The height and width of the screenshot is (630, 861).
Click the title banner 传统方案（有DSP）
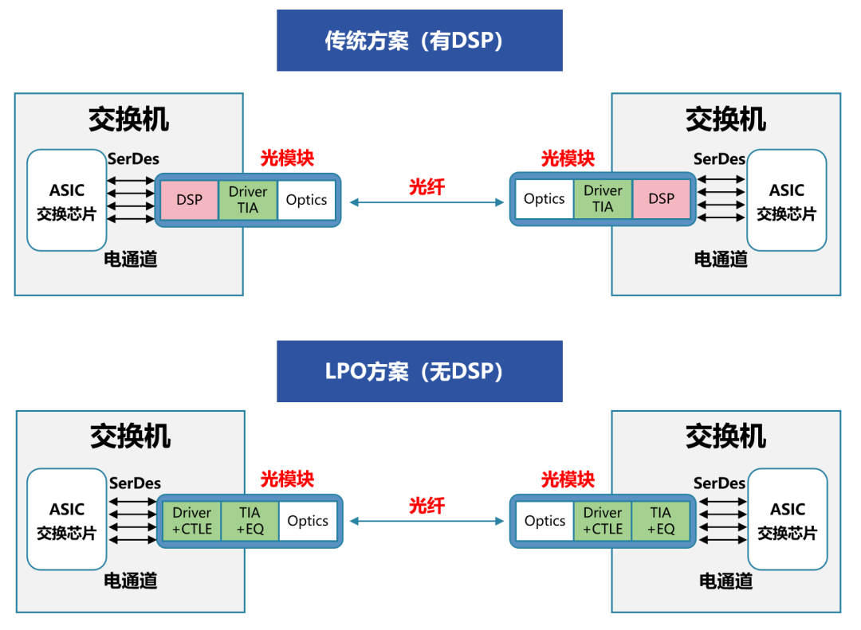pyautogui.click(x=419, y=41)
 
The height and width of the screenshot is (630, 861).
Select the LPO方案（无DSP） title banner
pyautogui.click(x=419, y=371)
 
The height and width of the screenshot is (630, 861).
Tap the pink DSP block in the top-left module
pyautogui.click(x=189, y=199)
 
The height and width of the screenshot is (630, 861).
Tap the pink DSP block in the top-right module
pyautogui.click(x=661, y=199)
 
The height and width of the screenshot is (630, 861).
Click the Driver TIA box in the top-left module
pyautogui.click(x=248, y=199)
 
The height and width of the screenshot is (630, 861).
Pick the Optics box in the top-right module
pyautogui.click(x=544, y=199)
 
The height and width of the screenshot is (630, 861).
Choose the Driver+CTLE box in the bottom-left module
pyautogui.click(x=191, y=521)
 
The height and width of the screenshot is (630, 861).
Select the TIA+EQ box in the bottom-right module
pyautogui.click(x=660, y=521)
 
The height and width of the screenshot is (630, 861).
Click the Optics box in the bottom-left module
pyautogui.click(x=307, y=521)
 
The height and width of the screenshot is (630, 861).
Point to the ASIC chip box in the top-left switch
pyautogui.click(x=67, y=200)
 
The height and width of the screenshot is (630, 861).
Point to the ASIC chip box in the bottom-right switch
pyautogui.click(x=787, y=519)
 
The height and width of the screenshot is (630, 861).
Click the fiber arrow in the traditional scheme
pyautogui.click(x=427, y=203)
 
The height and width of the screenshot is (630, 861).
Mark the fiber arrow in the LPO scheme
pyautogui.click(x=427, y=522)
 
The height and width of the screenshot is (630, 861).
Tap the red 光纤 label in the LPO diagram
pyautogui.click(x=427, y=506)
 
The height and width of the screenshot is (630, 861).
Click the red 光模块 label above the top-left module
pyautogui.click(x=287, y=158)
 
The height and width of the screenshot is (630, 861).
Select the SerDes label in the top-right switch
pyautogui.click(x=719, y=159)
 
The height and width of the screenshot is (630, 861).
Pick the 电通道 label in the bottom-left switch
pyautogui.click(x=131, y=581)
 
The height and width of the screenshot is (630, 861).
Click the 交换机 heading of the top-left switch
pyautogui.click(x=128, y=119)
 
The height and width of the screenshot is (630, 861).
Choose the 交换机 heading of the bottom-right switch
pyautogui.click(x=725, y=436)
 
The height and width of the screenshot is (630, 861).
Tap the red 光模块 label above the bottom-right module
pyautogui.click(x=568, y=479)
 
